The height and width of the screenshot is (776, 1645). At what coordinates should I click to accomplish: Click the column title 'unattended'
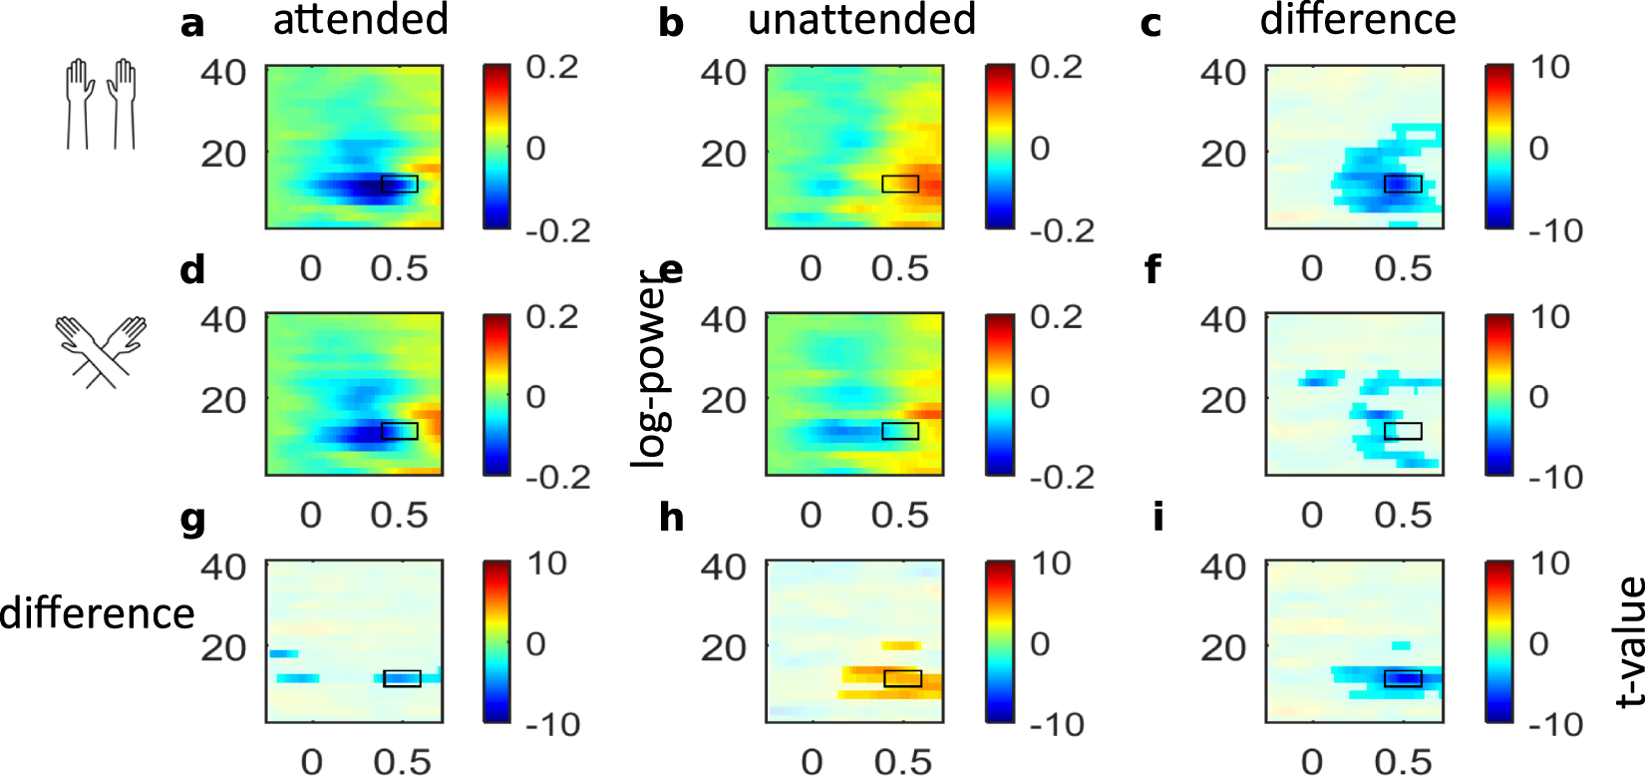coord(861,20)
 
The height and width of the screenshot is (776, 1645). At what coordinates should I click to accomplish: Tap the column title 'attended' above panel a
coord(360,20)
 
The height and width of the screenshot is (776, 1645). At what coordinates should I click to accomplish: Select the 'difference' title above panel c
coord(1358,20)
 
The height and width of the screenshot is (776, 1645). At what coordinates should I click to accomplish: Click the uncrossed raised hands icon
coord(101,104)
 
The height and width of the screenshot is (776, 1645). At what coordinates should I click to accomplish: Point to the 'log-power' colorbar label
coord(649,369)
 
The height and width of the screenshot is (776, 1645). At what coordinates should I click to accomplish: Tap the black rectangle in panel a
coord(400,184)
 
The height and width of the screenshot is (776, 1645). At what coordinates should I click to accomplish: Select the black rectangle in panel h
coord(903,678)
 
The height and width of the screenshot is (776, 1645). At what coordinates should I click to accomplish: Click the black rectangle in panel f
coord(1403,431)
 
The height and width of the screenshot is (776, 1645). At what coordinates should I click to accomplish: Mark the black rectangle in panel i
coord(1403,678)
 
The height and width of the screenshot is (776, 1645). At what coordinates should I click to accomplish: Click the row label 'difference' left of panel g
coord(97,613)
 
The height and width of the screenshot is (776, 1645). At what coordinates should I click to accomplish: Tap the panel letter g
coord(192,520)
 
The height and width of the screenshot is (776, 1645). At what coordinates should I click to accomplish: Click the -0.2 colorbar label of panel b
coord(1062,230)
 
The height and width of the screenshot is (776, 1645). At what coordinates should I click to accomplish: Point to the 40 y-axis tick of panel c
coord(1222,72)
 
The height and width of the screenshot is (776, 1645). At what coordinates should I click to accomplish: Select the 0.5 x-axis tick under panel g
coord(402,762)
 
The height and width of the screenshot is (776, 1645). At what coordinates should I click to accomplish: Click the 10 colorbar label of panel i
coord(1550,564)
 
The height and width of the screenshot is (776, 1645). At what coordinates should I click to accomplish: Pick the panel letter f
coord(1152,270)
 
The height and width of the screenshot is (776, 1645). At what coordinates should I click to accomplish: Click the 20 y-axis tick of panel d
coord(223,400)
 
